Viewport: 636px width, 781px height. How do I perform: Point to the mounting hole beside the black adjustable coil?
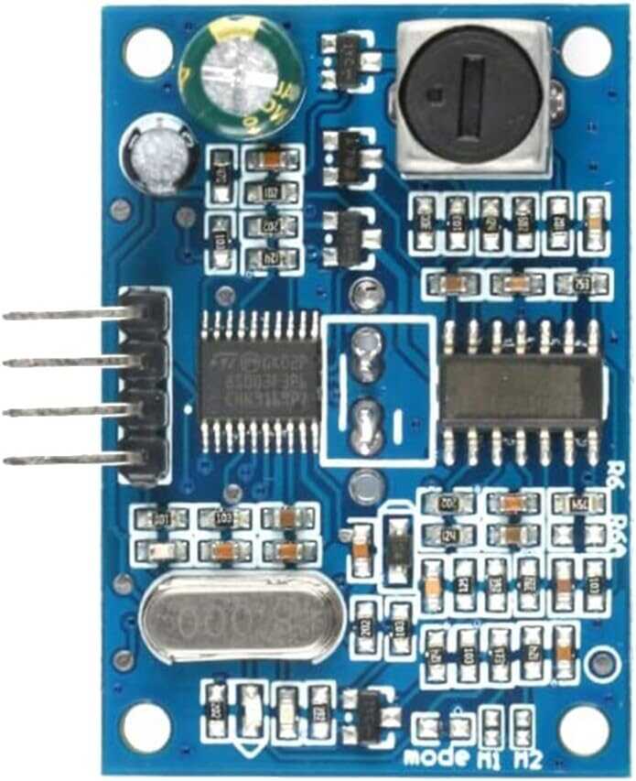tap(586, 50)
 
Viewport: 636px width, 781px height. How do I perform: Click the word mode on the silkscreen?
tap(437, 757)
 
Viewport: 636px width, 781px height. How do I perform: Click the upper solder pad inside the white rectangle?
tap(366, 353)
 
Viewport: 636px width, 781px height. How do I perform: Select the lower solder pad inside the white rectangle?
tap(366, 426)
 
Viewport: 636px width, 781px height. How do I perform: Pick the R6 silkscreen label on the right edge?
tap(615, 476)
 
